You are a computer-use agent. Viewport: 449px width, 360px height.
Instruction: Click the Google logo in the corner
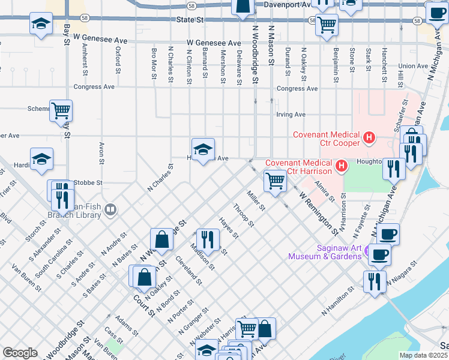[20, 353]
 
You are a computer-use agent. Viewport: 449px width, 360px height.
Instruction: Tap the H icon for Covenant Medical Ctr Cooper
[369, 139]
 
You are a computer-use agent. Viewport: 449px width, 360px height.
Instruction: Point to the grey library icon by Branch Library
[110, 210]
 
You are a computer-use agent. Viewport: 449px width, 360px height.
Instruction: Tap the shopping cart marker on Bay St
[61, 110]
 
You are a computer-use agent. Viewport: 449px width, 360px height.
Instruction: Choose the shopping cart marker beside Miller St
[275, 179]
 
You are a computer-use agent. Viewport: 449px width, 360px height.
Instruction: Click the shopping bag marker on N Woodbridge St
[162, 239]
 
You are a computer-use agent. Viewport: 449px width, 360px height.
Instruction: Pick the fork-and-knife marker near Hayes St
[207, 239]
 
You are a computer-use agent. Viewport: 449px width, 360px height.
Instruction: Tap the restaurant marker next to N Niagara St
[375, 281]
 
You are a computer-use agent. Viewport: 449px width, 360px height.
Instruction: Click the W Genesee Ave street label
[214, 43]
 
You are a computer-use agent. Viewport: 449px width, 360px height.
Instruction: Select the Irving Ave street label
[291, 114]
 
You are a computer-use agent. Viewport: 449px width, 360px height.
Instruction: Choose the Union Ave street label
[412, 66]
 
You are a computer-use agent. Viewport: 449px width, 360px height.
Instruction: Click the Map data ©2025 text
[423, 355]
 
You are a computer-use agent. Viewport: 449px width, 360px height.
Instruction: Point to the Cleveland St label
[188, 271]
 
